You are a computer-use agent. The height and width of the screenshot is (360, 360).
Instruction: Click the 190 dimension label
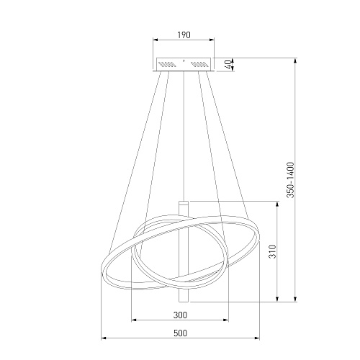(184, 35)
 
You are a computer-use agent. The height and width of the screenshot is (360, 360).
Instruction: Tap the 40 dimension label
(230, 64)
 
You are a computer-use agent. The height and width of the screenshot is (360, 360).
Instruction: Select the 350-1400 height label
(290, 180)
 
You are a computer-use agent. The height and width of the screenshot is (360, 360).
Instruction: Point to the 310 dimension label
(273, 251)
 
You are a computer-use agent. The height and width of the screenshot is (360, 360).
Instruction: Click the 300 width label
(180, 315)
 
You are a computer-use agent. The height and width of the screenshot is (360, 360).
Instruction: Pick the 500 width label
(180, 333)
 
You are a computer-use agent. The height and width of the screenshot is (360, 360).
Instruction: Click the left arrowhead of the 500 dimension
(104, 338)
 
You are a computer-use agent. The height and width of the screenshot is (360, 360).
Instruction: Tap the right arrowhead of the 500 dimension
(257, 338)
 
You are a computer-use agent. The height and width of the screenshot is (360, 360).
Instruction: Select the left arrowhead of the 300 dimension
(134, 320)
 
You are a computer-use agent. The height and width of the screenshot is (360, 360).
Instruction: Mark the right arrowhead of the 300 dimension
(226, 320)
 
